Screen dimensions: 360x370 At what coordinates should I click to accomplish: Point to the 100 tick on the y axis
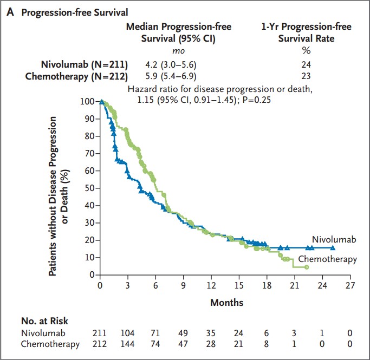pyautogui.click(x=88, y=101)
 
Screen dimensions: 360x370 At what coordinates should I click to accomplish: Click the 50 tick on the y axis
pyautogui.click(x=90, y=188)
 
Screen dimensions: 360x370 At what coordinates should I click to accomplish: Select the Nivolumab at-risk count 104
pyautogui.click(x=128, y=332)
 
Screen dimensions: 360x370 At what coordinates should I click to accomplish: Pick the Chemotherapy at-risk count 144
pyautogui.click(x=128, y=344)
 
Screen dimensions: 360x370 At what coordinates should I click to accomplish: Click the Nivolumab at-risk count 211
pyautogui.click(x=100, y=332)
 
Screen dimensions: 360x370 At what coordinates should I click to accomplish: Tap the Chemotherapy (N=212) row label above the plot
pyautogui.click(x=76, y=76)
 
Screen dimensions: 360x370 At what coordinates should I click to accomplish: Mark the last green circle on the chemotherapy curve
pyautogui.click(x=307, y=267)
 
